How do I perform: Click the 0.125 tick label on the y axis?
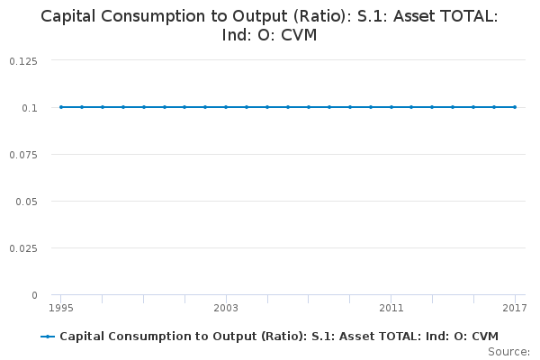click(x=22, y=60)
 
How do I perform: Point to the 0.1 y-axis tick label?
click(x=31, y=107)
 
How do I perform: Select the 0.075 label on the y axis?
click(x=22, y=154)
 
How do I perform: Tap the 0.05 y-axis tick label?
click(x=26, y=201)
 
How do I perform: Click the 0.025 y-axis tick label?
click(x=22, y=247)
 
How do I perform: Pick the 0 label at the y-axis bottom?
click(x=34, y=294)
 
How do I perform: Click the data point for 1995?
click(x=61, y=107)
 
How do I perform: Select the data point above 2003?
click(x=226, y=107)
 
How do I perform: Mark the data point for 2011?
click(x=391, y=107)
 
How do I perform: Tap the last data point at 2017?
click(x=514, y=107)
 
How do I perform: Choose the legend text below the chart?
click(x=279, y=337)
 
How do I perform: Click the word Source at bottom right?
click(x=508, y=351)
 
